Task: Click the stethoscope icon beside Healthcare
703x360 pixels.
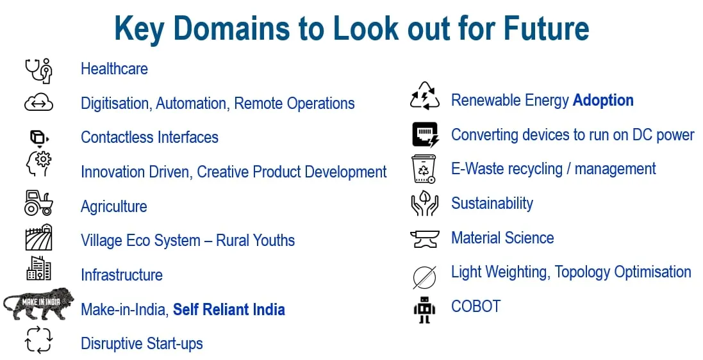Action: click(x=38, y=70)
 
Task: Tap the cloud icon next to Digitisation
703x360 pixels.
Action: click(x=38, y=102)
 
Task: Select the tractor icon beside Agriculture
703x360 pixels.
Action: click(x=38, y=203)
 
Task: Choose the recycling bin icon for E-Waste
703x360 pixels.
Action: click(x=424, y=169)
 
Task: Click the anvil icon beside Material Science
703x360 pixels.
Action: click(x=424, y=239)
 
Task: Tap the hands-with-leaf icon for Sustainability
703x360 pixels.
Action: click(x=424, y=204)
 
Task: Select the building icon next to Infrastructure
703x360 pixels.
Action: click(x=38, y=268)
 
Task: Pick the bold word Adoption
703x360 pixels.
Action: click(x=603, y=101)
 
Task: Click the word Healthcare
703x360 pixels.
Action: click(x=114, y=69)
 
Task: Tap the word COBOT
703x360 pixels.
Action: click(x=476, y=306)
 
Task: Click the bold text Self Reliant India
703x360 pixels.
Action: click(x=229, y=310)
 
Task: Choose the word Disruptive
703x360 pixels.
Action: click(x=110, y=344)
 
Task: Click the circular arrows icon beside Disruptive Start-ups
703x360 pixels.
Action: click(x=38, y=340)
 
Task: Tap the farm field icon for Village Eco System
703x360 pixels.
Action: click(x=38, y=238)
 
